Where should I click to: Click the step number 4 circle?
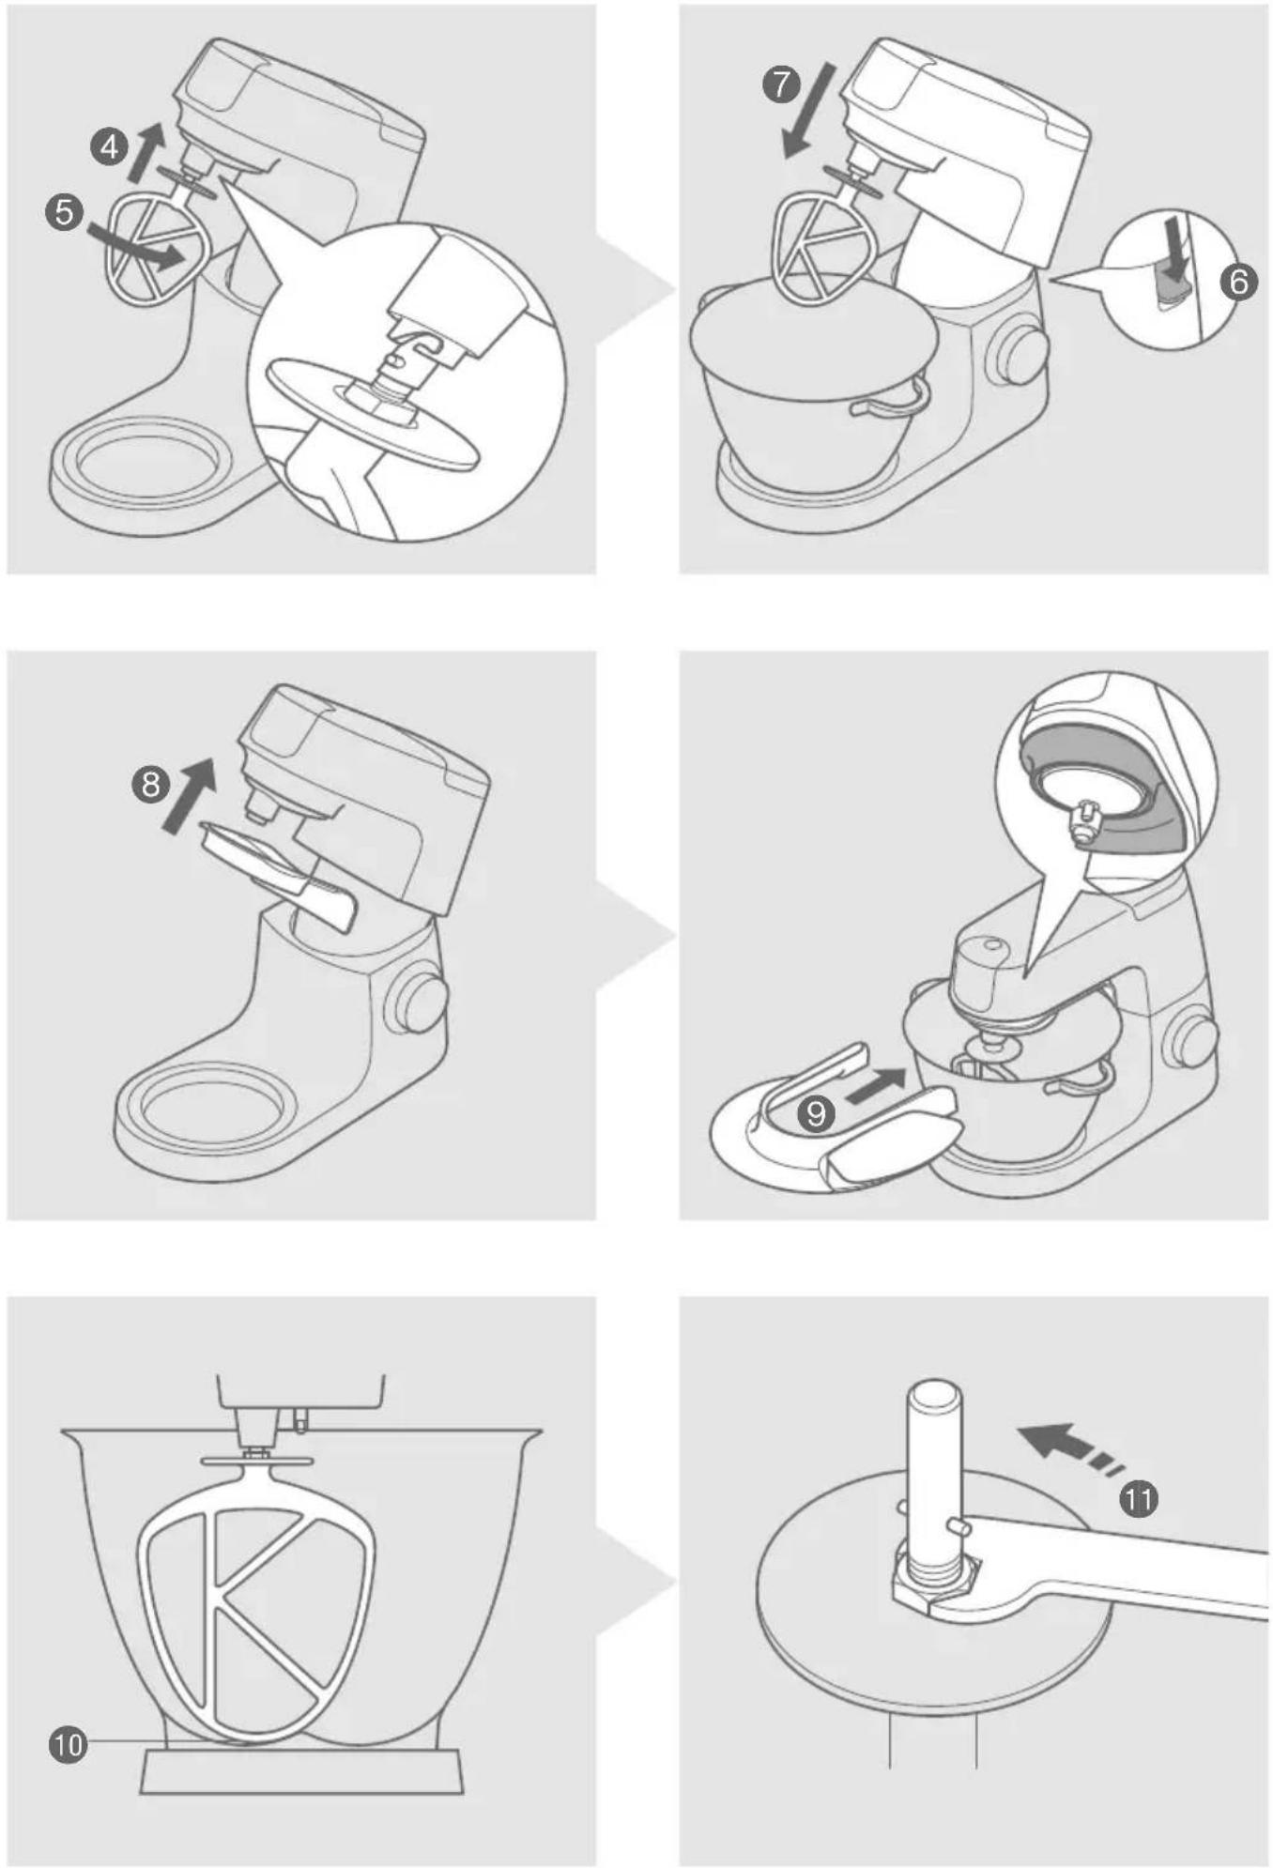click(x=110, y=147)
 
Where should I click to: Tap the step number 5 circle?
click(x=64, y=211)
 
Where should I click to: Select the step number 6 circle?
click(x=1239, y=281)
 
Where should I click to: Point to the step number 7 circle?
click(x=780, y=84)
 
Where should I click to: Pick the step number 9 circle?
click(x=817, y=1113)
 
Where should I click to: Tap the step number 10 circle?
click(x=68, y=1745)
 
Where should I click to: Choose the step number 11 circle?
click(x=1138, y=1499)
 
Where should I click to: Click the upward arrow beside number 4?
click(x=145, y=152)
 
